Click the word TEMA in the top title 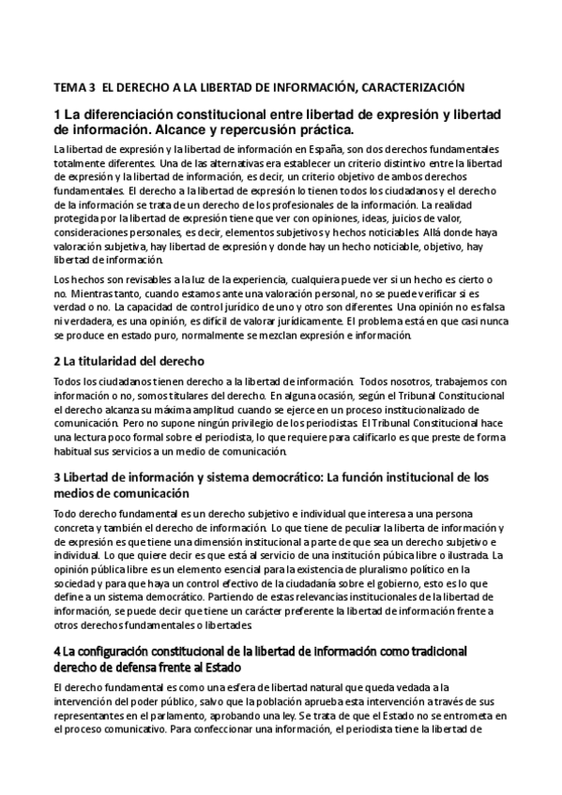pyautogui.click(x=68, y=87)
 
